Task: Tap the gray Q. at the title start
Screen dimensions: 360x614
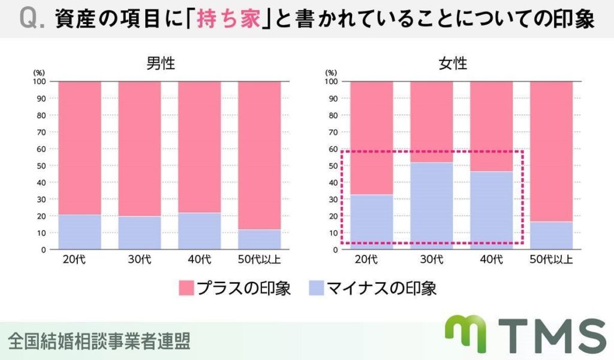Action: [31, 20]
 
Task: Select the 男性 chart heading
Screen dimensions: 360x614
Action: [161, 64]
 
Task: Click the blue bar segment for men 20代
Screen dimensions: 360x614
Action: [79, 232]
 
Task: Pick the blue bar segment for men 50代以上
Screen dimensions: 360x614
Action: [259, 239]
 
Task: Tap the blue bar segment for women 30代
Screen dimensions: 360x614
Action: [431, 205]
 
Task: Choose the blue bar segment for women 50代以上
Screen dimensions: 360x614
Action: [551, 235]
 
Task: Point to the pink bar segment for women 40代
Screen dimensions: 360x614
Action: [491, 126]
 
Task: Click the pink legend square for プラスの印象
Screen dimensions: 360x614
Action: [188, 289]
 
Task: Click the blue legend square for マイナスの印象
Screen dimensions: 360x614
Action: [317, 289]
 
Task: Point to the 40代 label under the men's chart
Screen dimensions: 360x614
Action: [199, 259]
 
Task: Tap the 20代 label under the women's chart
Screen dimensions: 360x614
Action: [366, 259]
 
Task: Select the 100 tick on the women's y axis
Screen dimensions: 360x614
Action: [332, 81]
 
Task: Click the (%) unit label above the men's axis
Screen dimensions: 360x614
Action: [39, 72]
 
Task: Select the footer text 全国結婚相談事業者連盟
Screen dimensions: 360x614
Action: [99, 341]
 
